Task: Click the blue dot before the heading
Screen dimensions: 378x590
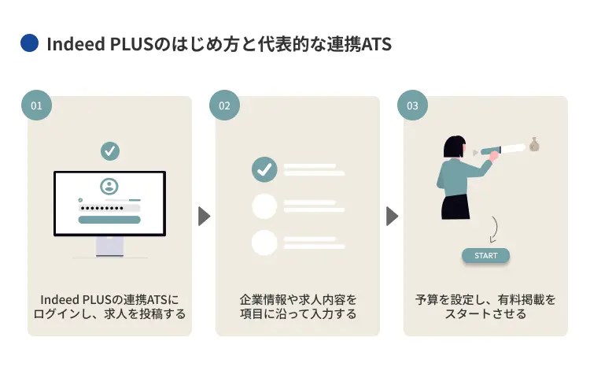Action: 29,43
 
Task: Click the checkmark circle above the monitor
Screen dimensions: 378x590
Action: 110,150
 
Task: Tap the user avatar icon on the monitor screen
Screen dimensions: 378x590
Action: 109,187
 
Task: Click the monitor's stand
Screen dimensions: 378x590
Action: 109,246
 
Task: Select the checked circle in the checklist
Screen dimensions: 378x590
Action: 264,169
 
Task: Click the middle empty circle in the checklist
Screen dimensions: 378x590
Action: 264,206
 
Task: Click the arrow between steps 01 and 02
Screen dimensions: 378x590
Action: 204,216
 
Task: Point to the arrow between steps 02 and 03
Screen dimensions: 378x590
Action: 392,216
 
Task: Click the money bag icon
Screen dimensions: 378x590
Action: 535,144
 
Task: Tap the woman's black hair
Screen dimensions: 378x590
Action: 454,147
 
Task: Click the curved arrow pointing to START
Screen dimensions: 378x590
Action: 493,230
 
